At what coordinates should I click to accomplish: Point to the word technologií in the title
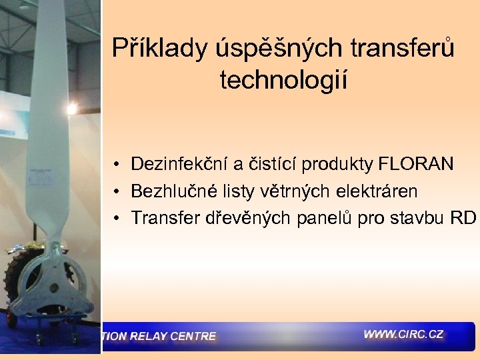pyautogui.click(x=283, y=80)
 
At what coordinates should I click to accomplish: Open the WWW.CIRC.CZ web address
pyautogui.click(x=403, y=334)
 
